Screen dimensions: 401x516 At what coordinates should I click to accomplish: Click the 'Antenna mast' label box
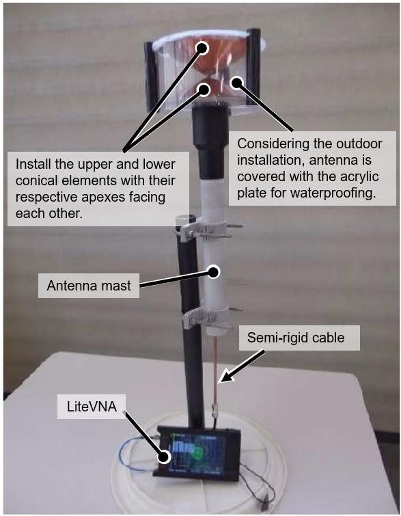tap(89, 286)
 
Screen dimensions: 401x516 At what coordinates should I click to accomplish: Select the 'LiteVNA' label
tap(92, 407)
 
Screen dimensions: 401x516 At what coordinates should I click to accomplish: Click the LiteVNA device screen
tap(196, 454)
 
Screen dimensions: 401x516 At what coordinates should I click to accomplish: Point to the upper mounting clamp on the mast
tap(207, 230)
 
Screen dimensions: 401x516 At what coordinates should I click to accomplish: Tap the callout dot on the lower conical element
tap(204, 90)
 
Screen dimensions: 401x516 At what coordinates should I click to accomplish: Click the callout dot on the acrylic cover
tap(236, 83)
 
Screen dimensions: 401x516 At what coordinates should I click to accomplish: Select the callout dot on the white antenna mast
tap(214, 272)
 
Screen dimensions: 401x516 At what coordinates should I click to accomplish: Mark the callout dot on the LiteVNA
tap(163, 457)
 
